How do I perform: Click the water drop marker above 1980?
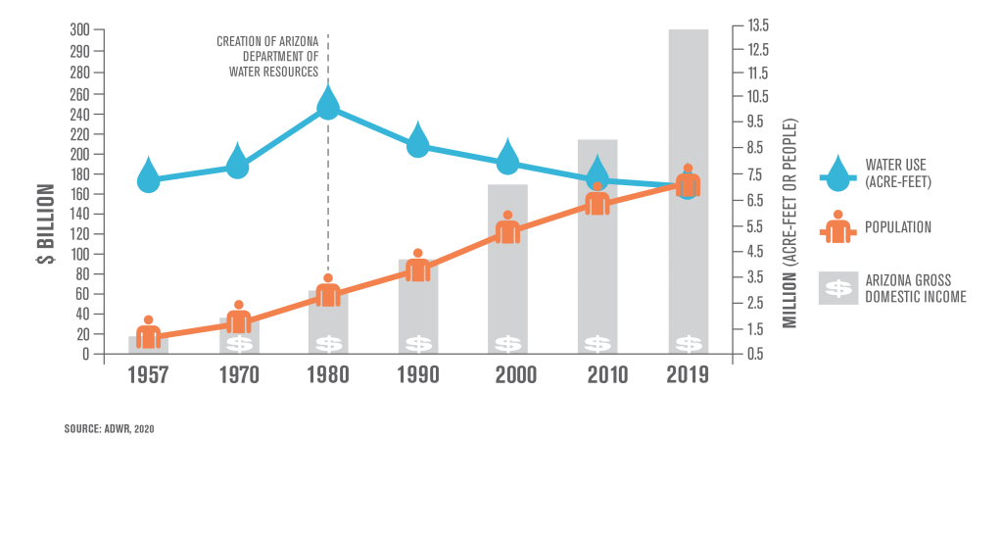[x=328, y=103]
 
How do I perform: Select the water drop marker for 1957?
[x=148, y=175]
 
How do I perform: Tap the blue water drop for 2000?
[x=507, y=158]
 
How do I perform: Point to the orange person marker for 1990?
[x=418, y=266]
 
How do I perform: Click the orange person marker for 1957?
[x=148, y=332]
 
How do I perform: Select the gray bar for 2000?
[x=507, y=269]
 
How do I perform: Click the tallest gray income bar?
[x=688, y=190]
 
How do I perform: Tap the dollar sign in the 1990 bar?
[x=418, y=344]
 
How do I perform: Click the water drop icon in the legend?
[x=837, y=173]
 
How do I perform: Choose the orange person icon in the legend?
[x=837, y=227]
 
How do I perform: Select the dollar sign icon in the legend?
[x=838, y=288]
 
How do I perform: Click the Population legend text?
[x=897, y=227]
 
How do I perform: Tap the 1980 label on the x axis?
[x=328, y=375]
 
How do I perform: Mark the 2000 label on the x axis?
[x=507, y=375]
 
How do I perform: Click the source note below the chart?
[x=109, y=428]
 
